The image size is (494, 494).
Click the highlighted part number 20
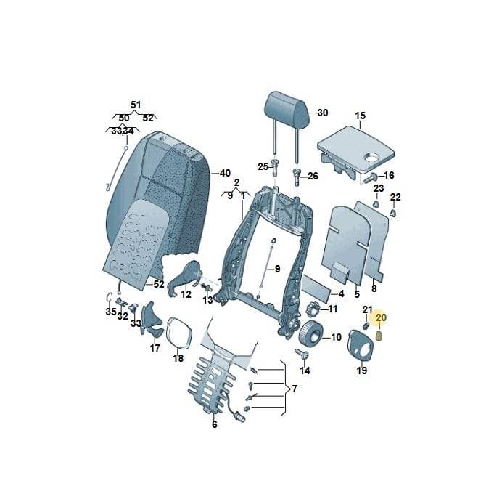click(x=381, y=317)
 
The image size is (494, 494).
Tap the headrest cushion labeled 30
click(x=286, y=109)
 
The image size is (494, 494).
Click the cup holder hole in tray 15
click(x=373, y=156)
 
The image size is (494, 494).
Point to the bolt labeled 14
click(x=302, y=353)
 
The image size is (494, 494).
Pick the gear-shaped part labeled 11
click(x=313, y=309)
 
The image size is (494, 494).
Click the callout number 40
click(x=225, y=173)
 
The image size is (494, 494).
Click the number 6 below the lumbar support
click(x=215, y=424)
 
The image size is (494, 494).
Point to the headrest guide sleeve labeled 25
click(x=275, y=168)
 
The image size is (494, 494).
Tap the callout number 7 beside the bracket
click(x=295, y=389)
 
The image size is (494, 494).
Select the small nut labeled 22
click(x=392, y=213)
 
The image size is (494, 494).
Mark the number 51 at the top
click(x=136, y=105)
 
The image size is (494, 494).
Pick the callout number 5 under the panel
click(x=357, y=294)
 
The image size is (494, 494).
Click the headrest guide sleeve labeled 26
click(x=297, y=177)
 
